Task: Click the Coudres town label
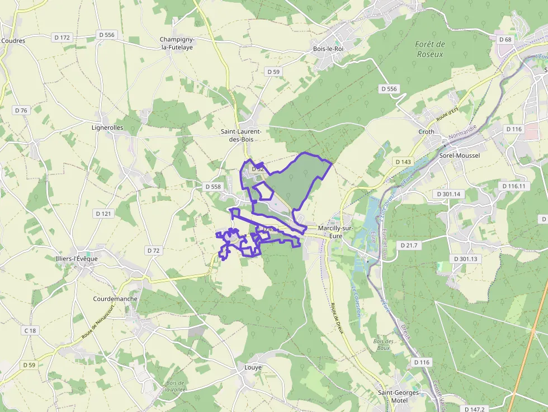(13, 41)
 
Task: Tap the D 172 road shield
(63, 37)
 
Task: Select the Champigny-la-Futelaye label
(177, 43)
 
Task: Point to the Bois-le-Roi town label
(328, 49)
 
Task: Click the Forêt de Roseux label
(430, 49)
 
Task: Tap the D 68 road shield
(505, 39)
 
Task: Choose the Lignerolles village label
(107, 127)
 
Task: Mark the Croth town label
(426, 132)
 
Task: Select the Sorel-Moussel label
(460, 155)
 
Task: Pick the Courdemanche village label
(115, 299)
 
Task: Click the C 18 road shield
(30, 331)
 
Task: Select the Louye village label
(253, 367)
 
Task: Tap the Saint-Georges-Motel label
(399, 396)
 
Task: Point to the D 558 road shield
(213, 187)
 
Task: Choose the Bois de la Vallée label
(175, 386)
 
